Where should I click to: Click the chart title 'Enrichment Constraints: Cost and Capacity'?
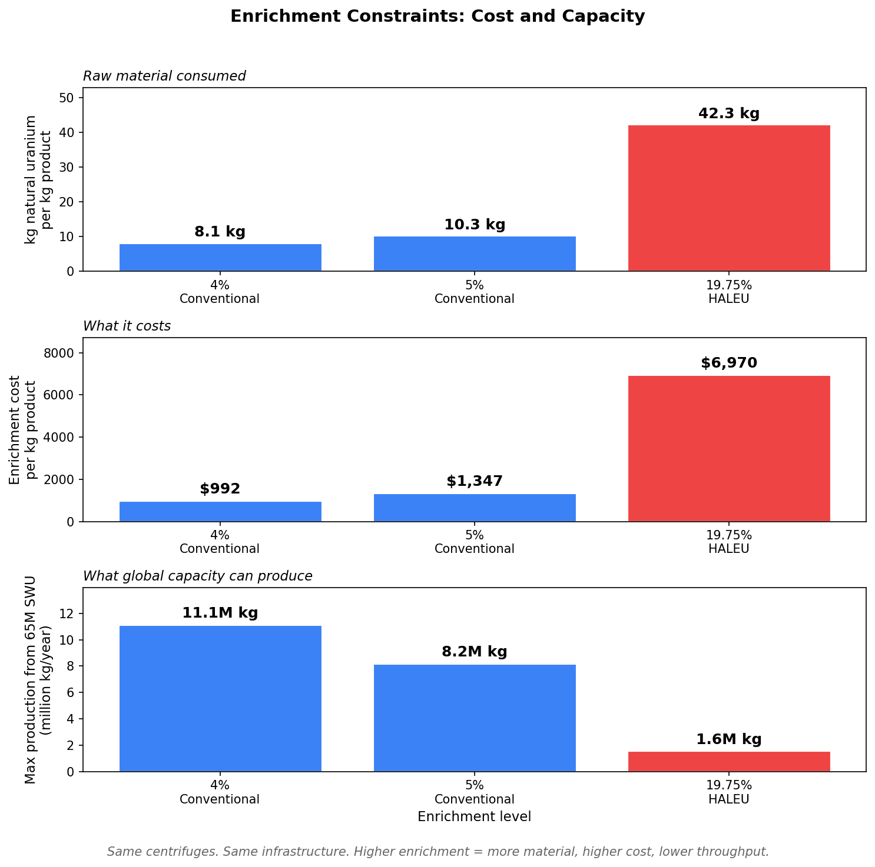tap(437, 16)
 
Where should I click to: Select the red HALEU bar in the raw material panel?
tap(728, 198)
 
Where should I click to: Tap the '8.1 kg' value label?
tap(220, 232)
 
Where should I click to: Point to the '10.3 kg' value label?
tap(474, 225)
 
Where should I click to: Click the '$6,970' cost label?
tap(728, 363)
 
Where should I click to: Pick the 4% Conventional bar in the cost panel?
tap(220, 512)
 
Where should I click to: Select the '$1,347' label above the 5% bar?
tap(474, 481)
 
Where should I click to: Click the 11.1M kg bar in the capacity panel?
tap(220, 698)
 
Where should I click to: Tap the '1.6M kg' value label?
tap(728, 739)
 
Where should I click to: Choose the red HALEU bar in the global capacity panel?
tap(728, 762)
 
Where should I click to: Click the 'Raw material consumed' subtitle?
tap(164, 76)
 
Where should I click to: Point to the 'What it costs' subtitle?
tap(127, 326)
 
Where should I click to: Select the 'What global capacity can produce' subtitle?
tap(197, 576)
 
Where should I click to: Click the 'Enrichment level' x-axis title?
tap(474, 816)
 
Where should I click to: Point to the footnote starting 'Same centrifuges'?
tap(438, 851)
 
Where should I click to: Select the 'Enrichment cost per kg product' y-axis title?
tap(23, 429)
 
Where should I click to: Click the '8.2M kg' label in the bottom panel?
tap(474, 652)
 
